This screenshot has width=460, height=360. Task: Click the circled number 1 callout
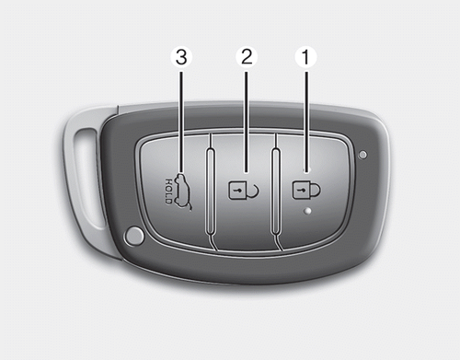[x=305, y=57]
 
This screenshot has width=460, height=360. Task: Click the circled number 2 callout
[x=247, y=57]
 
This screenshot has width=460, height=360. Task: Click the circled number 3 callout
[x=181, y=57]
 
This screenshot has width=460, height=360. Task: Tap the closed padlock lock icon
[x=306, y=191]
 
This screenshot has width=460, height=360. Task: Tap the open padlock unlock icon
[x=244, y=191]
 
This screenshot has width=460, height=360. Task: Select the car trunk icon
[x=183, y=192]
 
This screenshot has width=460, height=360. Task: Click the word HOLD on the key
[x=169, y=192]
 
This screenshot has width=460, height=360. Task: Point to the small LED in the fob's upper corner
[x=362, y=155]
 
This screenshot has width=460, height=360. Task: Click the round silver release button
[x=133, y=236]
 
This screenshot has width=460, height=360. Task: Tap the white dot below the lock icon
[x=307, y=211]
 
